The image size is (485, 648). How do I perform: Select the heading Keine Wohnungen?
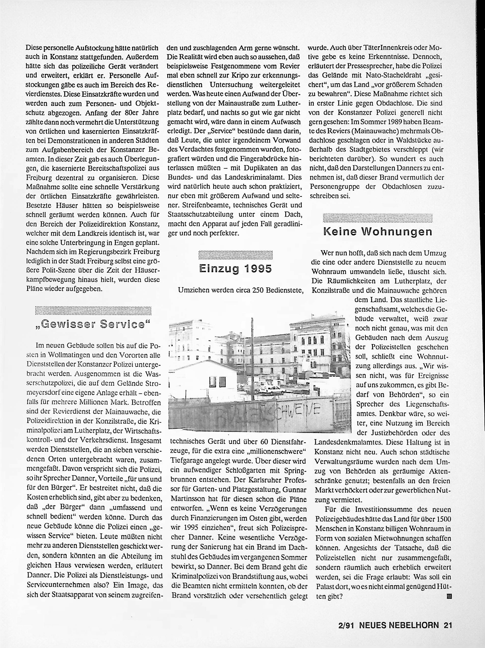pos(378,232)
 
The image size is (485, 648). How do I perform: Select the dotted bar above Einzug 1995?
pos(235,255)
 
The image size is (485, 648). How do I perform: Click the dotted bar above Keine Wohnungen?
pos(378,218)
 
